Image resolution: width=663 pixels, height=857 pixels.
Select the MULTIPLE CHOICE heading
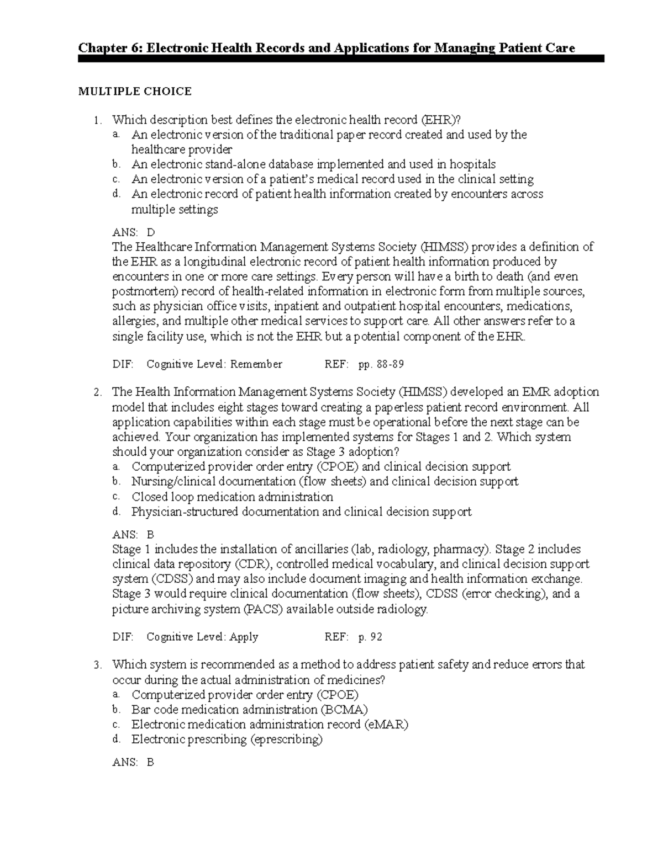(135, 92)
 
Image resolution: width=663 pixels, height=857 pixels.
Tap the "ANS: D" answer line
(134, 232)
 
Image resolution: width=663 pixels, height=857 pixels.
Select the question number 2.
(98, 393)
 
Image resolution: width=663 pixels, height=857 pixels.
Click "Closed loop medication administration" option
(232, 497)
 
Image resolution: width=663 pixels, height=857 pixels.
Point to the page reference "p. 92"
(370, 637)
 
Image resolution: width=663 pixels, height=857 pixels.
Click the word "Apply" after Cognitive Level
(244, 637)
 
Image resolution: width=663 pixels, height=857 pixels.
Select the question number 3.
(98, 666)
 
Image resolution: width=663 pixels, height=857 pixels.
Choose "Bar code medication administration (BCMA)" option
(249, 710)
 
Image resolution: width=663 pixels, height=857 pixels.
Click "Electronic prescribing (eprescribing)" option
(227, 739)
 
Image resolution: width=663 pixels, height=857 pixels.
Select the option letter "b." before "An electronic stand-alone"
(115, 164)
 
